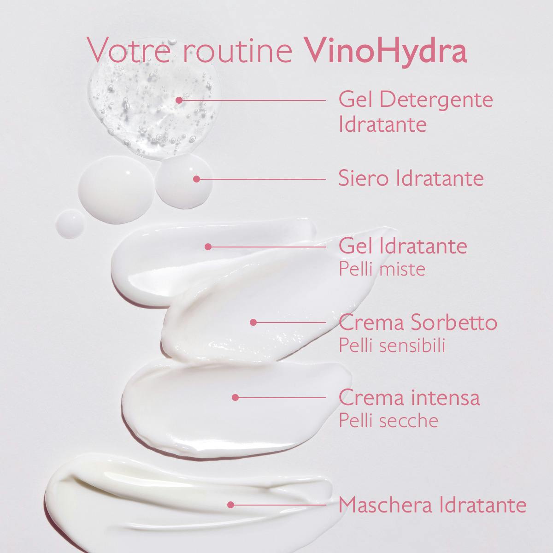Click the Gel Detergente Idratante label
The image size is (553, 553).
(415, 112)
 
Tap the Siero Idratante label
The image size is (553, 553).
(411, 178)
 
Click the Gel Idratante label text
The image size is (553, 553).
(402, 246)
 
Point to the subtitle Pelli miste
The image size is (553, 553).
(382, 269)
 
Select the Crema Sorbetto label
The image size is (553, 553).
(418, 323)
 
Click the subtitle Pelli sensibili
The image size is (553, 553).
(392, 346)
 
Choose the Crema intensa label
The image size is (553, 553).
(409, 397)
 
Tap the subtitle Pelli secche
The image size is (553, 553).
(388, 420)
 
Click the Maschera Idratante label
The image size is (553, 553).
(432, 505)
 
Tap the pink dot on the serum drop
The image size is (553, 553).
(197, 179)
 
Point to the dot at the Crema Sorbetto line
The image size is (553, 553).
(253, 323)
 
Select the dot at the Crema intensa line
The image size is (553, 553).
(235, 397)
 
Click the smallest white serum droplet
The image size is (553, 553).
(71, 224)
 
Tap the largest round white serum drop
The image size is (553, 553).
(114, 190)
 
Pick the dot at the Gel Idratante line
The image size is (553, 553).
(208, 247)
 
